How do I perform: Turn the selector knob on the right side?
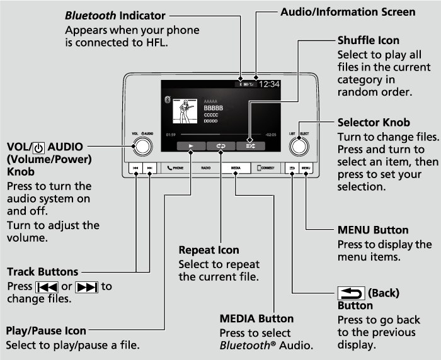[x=299, y=146]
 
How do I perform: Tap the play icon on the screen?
[x=190, y=145]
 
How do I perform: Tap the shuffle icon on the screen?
[x=251, y=145]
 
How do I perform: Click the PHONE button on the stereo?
[x=175, y=169]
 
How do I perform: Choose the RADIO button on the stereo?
[x=205, y=169]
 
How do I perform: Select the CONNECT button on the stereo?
[x=266, y=169]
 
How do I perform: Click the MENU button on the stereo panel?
[x=306, y=169]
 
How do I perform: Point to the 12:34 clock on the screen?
[x=270, y=84]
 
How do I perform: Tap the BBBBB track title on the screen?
[x=213, y=108]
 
